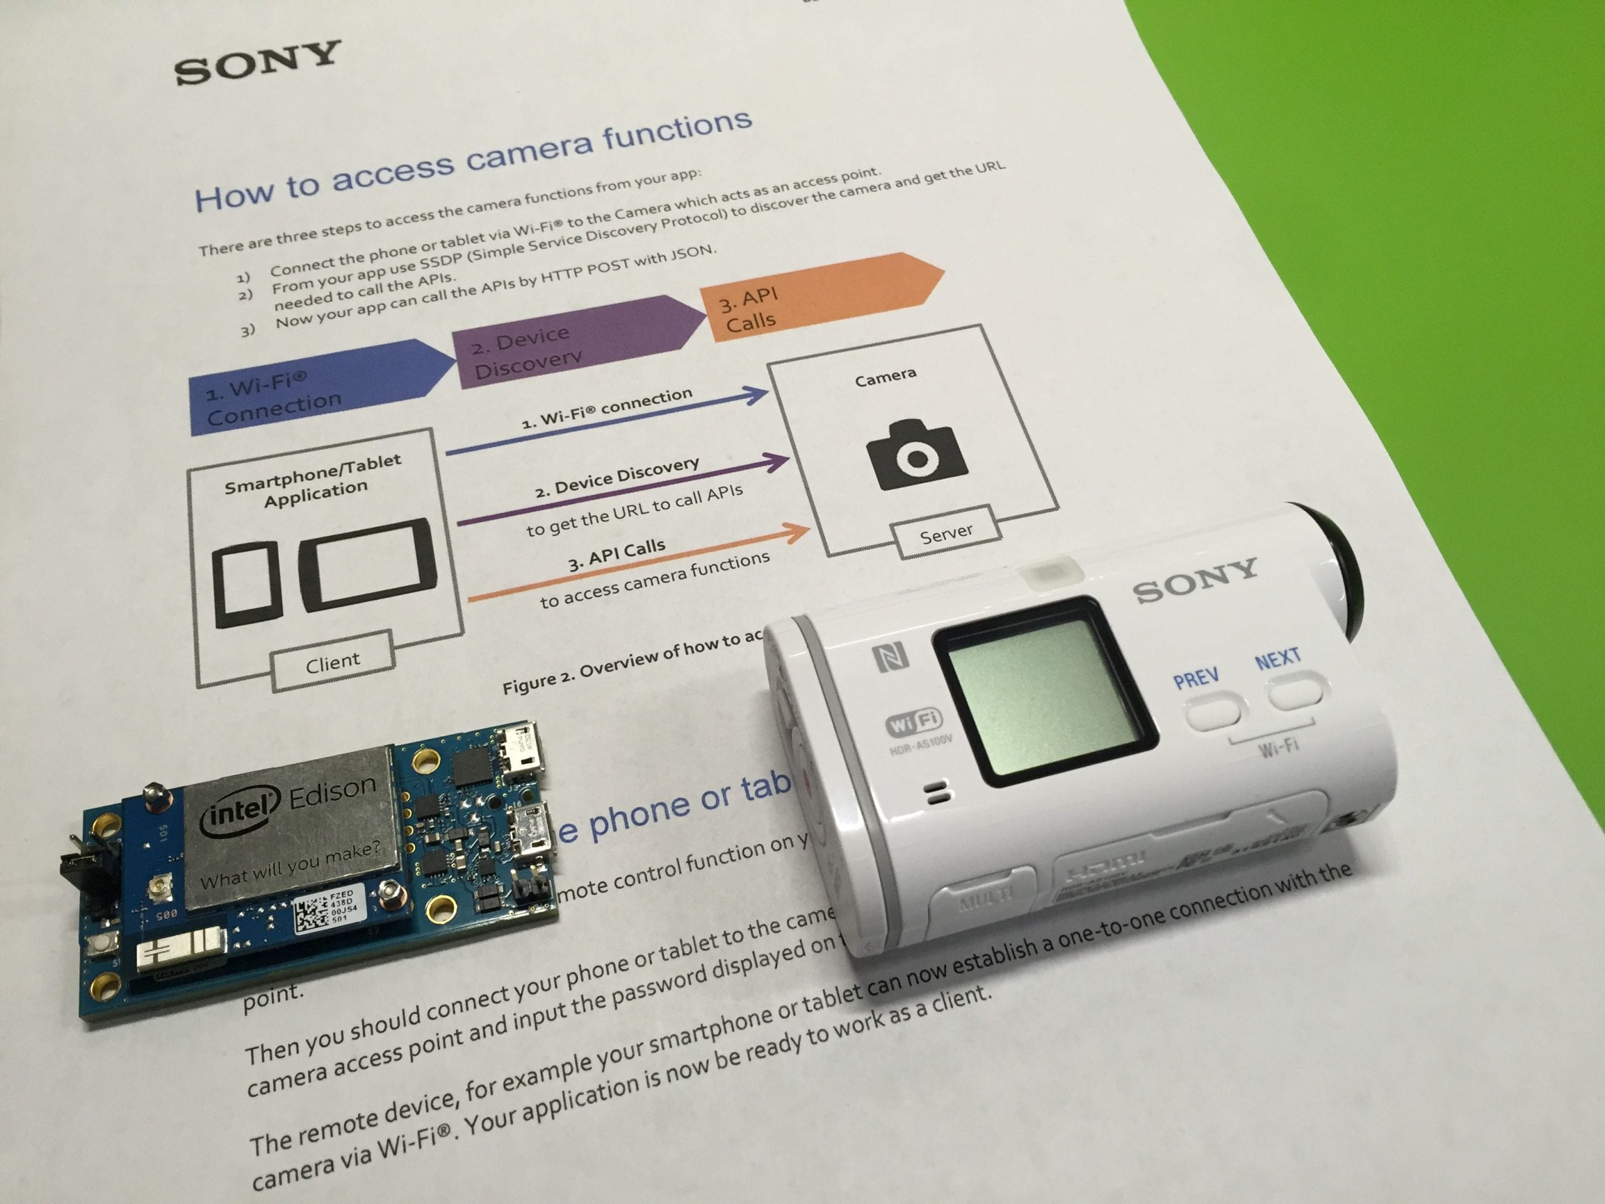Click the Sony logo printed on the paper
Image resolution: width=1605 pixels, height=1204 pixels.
point(257,63)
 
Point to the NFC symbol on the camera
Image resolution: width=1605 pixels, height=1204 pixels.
point(891,657)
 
